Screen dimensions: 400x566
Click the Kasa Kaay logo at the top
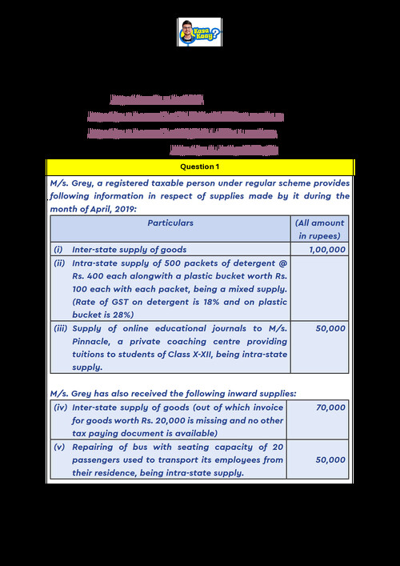(199, 33)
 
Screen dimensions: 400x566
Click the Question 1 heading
(200, 167)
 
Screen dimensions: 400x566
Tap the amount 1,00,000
(329, 250)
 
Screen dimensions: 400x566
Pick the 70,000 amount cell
(330, 407)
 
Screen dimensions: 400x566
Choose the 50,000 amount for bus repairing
(330, 460)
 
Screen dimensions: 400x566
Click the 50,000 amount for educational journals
(330, 327)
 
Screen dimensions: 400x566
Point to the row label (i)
(58, 250)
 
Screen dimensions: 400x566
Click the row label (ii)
(59, 263)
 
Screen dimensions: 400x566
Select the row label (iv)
(60, 407)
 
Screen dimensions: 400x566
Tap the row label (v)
(59, 447)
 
